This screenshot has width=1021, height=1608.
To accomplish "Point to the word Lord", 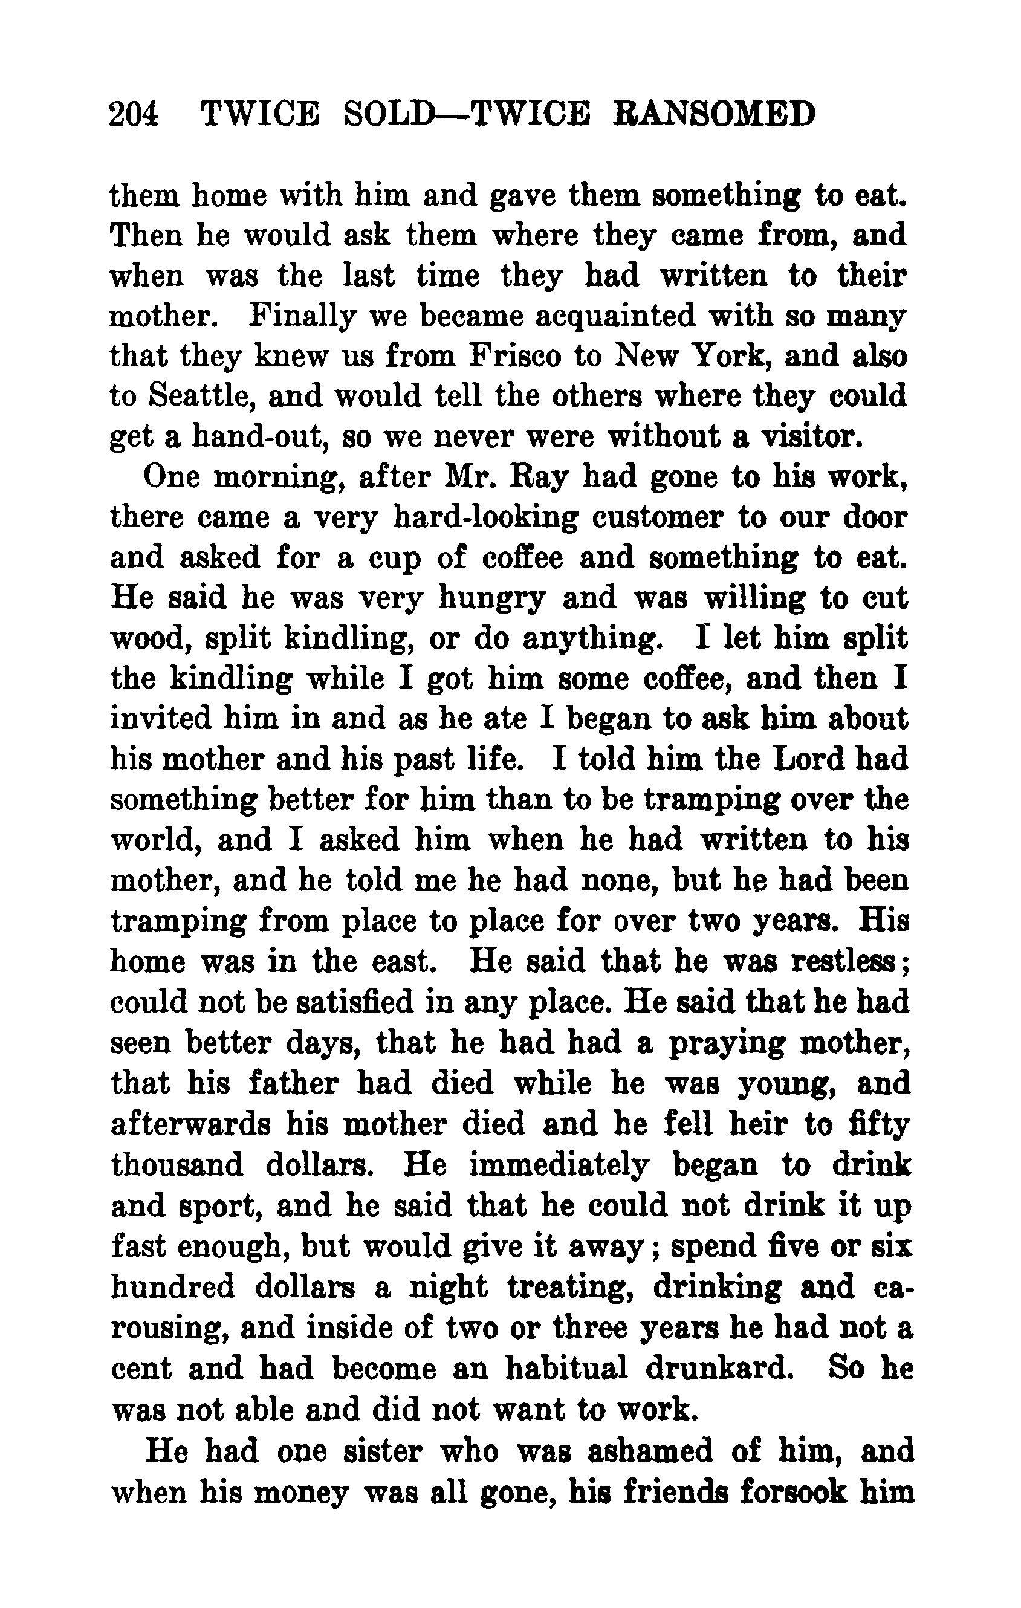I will pyautogui.click(x=805, y=760).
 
